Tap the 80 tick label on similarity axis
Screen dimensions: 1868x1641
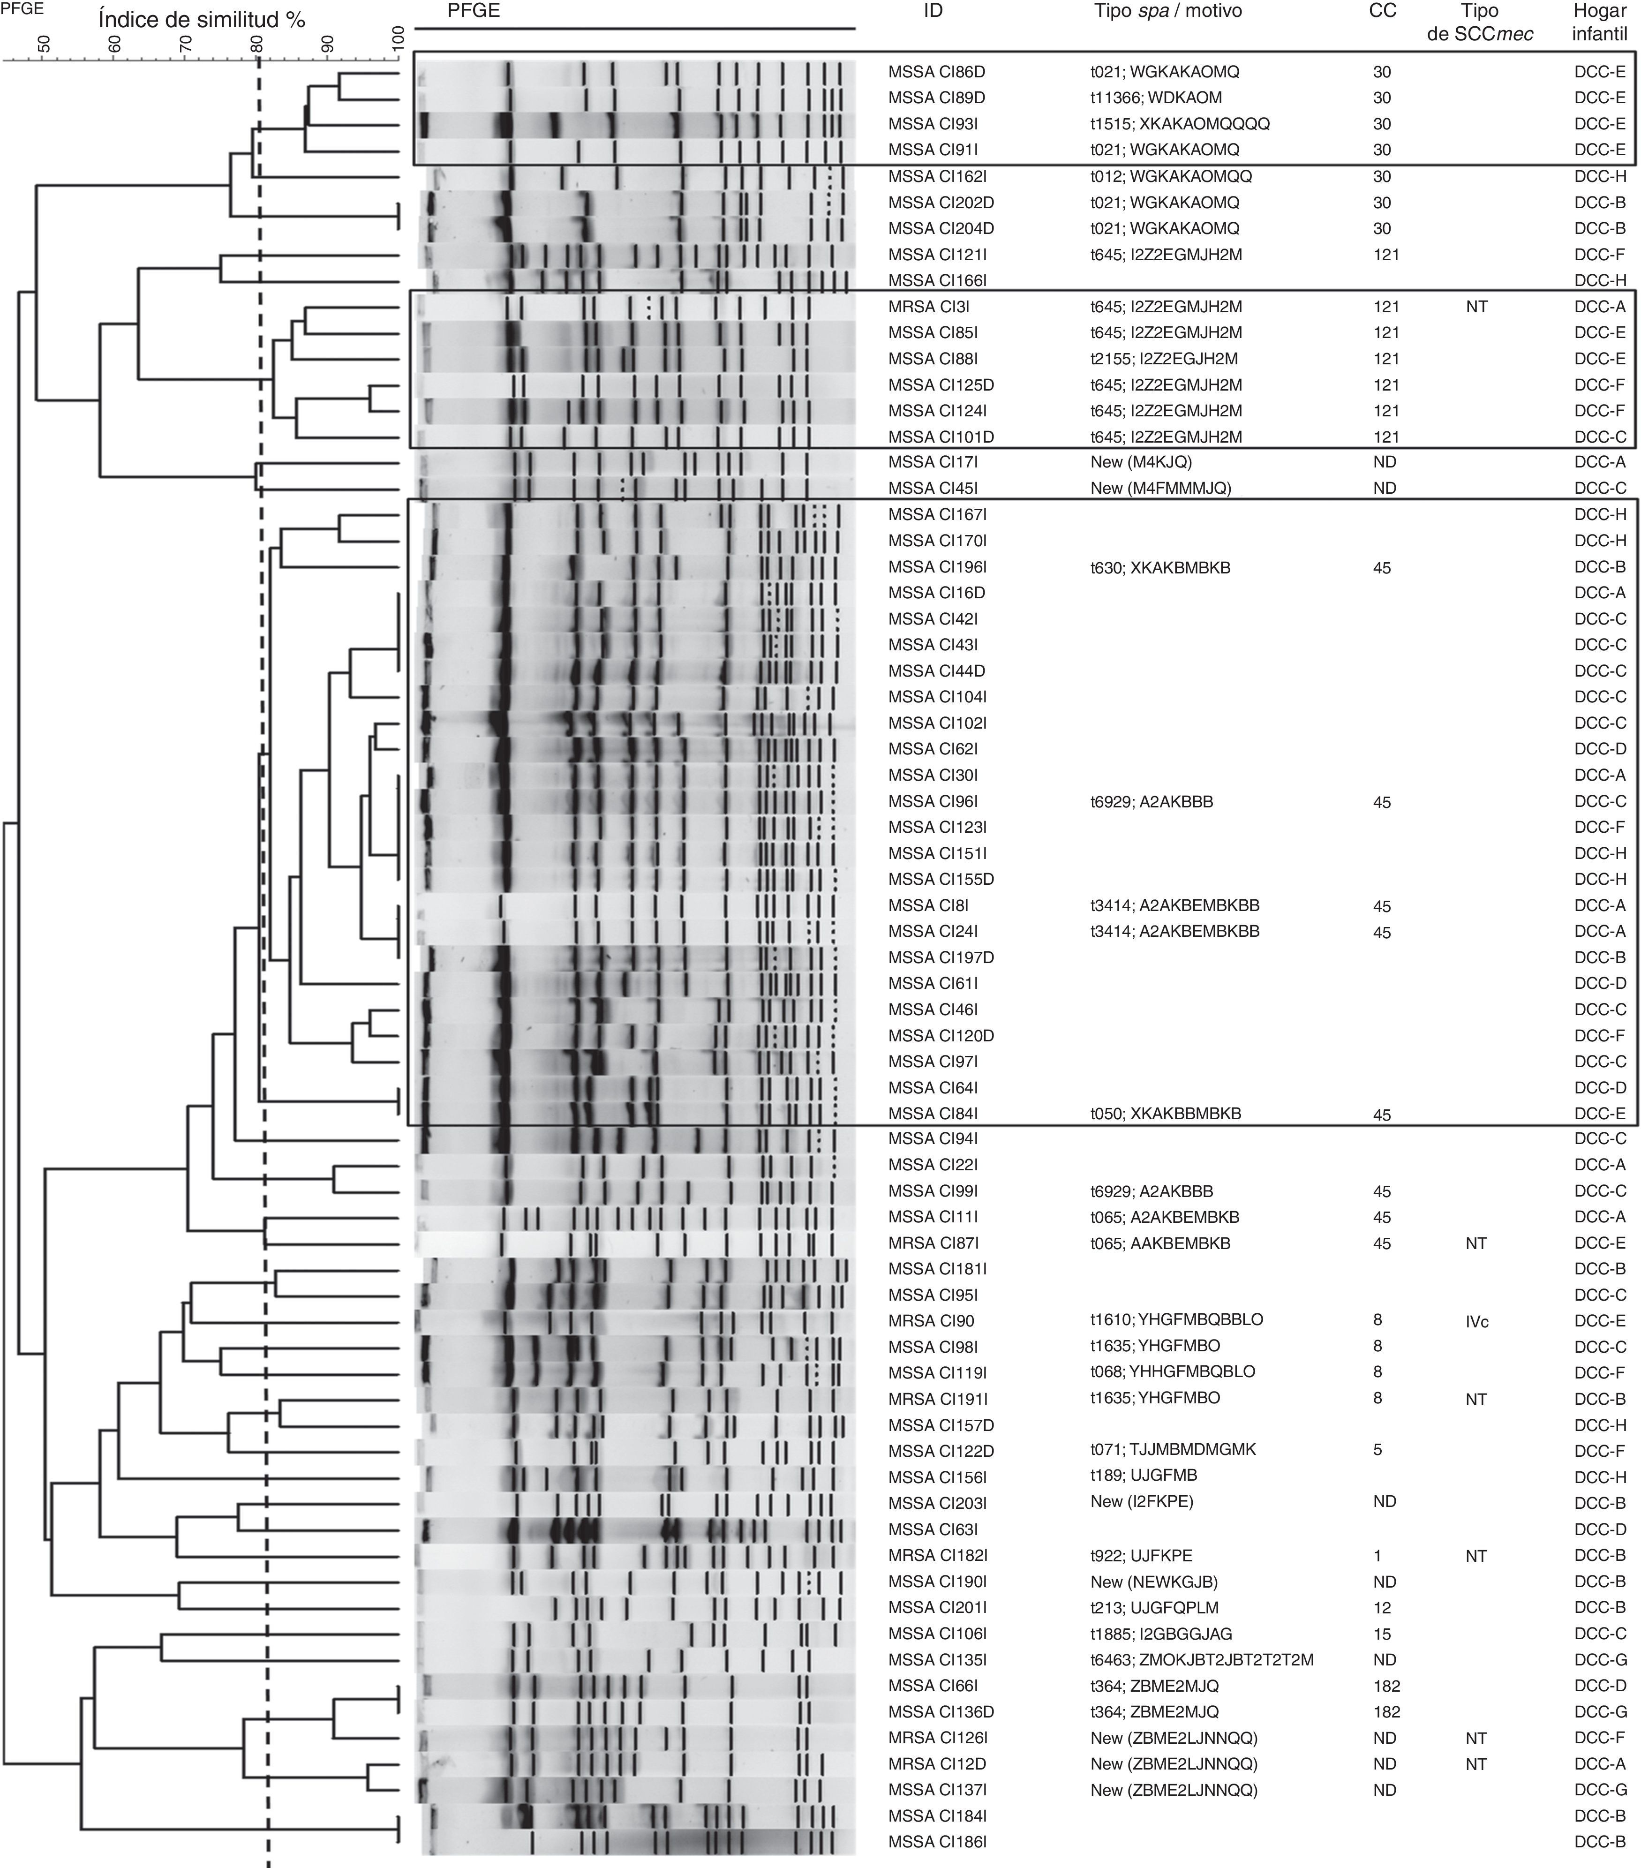pos(257,43)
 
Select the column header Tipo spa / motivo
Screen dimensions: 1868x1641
pos(1167,12)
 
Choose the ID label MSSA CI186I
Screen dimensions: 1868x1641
pos(936,1842)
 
